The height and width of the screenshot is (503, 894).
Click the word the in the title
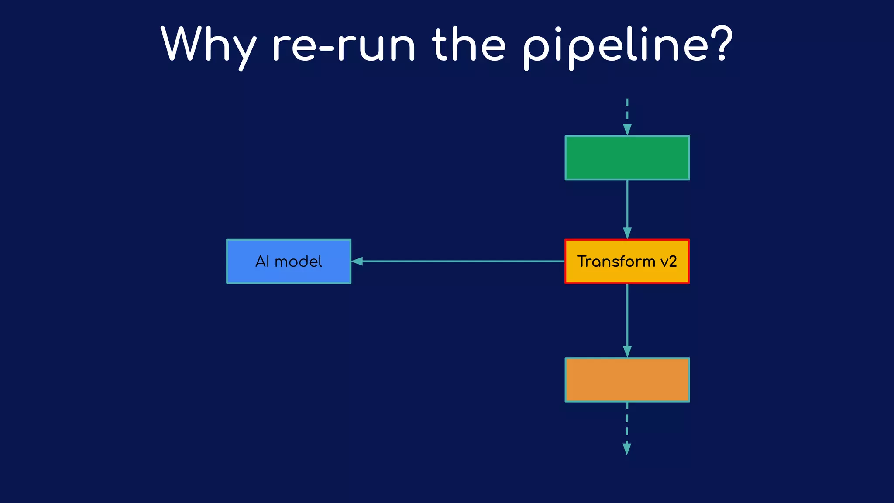[x=469, y=45]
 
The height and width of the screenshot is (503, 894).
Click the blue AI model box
[x=289, y=261]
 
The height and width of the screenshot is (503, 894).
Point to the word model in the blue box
[x=299, y=262]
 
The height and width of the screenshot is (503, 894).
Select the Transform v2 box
[x=627, y=261]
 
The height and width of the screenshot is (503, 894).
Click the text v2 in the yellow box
[x=668, y=262]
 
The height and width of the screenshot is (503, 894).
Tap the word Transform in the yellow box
[x=616, y=262]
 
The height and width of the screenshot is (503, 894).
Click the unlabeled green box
[x=627, y=158]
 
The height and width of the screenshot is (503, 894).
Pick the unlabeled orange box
[x=627, y=380]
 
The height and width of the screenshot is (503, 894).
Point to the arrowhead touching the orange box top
[x=627, y=352]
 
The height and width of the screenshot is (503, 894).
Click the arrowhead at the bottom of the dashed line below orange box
[x=627, y=449]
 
